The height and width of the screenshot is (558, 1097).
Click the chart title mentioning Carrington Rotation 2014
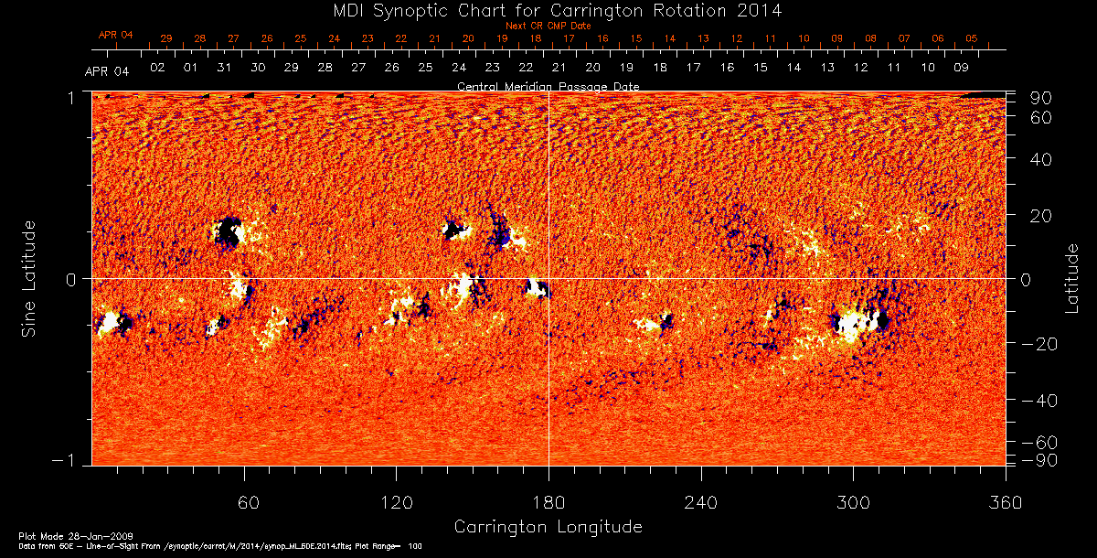pyautogui.click(x=548, y=10)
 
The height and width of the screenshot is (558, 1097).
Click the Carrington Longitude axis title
pyautogui.click(x=548, y=527)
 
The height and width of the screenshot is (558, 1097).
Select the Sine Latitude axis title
pyautogui.click(x=30, y=278)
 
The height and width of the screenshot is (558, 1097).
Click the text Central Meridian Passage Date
pyautogui.click(x=548, y=86)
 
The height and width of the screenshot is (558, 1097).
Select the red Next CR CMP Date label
pyautogui.click(x=548, y=26)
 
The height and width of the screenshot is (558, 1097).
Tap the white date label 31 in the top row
pyautogui.click(x=224, y=68)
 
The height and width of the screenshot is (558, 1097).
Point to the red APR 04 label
pyautogui.click(x=115, y=35)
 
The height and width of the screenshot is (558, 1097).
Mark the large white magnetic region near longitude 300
pyautogui.click(x=856, y=323)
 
